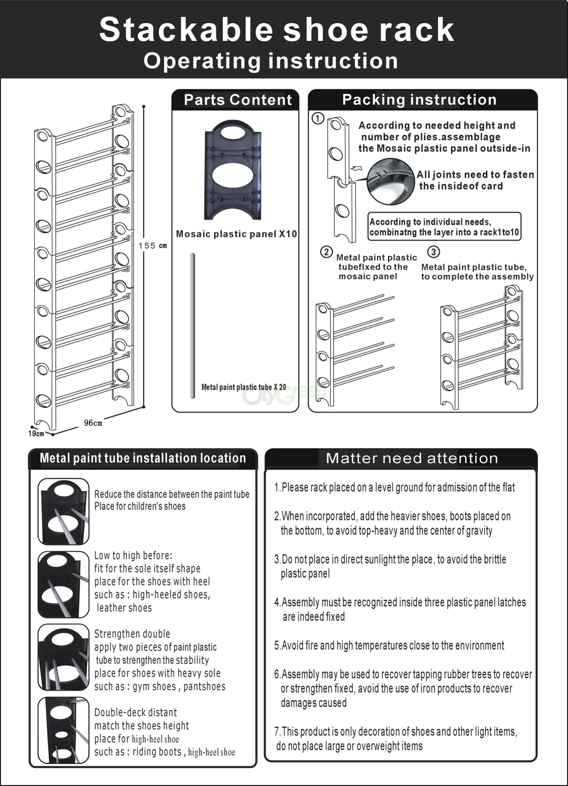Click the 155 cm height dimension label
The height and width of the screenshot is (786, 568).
point(153,246)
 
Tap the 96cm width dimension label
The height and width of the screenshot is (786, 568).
point(93,423)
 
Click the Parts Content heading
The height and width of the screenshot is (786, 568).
point(238,100)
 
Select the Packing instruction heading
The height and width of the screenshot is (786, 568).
point(419,100)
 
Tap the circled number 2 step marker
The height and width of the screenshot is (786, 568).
point(326,252)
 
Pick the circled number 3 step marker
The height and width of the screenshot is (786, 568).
point(434,252)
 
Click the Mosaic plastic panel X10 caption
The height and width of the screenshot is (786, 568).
point(236,234)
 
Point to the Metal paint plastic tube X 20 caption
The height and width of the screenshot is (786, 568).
point(244,387)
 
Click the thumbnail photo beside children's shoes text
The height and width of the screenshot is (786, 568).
point(63,511)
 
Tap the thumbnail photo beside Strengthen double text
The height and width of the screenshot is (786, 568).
point(63,657)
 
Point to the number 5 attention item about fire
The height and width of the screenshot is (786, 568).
point(389,645)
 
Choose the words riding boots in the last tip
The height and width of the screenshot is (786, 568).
point(157,752)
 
